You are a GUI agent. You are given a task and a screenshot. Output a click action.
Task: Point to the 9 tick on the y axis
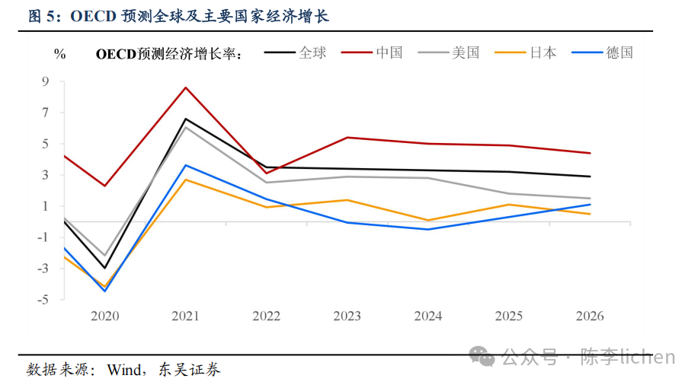click(45, 81)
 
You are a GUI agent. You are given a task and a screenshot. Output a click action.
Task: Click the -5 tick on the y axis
click(43, 300)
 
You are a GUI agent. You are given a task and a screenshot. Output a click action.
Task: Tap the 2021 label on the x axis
click(186, 316)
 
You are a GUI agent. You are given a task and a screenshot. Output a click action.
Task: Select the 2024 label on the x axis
click(428, 316)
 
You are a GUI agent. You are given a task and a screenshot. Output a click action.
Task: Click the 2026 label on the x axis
click(590, 316)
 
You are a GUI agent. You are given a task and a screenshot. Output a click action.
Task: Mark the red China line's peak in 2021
click(186, 87)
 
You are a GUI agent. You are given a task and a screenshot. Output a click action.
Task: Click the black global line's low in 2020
click(105, 268)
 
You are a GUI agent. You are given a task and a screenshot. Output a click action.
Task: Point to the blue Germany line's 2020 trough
click(105, 291)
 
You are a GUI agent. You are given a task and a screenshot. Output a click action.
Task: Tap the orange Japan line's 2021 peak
click(186, 180)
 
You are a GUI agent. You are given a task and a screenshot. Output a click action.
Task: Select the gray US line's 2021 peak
click(186, 127)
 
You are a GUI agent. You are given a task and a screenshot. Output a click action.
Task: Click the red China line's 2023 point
click(347, 138)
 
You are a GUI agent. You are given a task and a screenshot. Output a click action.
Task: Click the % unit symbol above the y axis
click(60, 53)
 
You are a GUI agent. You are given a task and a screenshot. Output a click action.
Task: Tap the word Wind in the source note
click(123, 370)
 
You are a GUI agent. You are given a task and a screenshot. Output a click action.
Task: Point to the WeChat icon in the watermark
click(482, 356)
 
